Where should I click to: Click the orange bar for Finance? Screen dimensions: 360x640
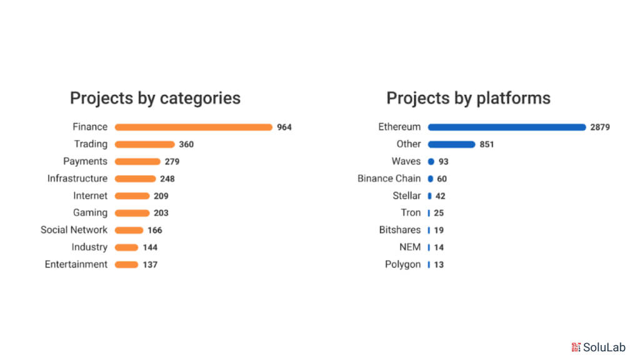click(194, 127)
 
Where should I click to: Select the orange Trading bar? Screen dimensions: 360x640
click(144, 144)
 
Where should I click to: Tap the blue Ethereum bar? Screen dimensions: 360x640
click(507, 127)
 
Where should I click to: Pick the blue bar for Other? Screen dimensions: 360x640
click(451, 144)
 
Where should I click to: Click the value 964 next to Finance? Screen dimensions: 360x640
click(284, 127)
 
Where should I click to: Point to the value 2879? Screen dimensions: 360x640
click(600, 127)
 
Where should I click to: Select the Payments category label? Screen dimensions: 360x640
click(85, 161)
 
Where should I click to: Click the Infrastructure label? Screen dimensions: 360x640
click(77, 179)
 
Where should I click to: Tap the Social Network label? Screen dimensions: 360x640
click(74, 230)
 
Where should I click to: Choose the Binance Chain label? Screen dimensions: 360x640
click(389, 179)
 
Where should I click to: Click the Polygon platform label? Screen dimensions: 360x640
click(402, 264)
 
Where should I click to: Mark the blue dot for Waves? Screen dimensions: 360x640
click(431, 161)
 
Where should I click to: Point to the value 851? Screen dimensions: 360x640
click(487, 144)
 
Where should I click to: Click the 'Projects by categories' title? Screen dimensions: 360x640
click(155, 98)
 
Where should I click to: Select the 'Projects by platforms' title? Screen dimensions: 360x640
click(468, 98)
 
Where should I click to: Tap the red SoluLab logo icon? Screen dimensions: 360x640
click(576, 347)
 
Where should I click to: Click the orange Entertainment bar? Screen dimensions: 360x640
click(126, 264)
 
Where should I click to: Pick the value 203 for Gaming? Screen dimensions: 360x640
click(161, 213)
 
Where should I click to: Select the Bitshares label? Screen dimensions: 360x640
click(399, 230)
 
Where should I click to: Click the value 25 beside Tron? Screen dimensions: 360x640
click(439, 213)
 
